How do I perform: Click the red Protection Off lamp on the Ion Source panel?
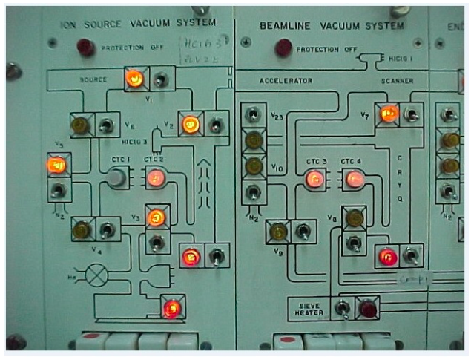pyautogui.click(x=86, y=48)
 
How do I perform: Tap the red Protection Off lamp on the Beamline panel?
pyautogui.click(x=283, y=49)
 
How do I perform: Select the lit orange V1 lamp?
pyautogui.click(x=134, y=77)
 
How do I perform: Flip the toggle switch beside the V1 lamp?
pyautogui.click(x=161, y=78)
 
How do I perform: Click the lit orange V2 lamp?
pyautogui.click(x=191, y=124)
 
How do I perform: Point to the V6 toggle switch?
pyautogui.click(x=108, y=125)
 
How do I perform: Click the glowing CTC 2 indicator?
pyautogui.click(x=155, y=177)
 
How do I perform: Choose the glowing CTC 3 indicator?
pyautogui.click(x=314, y=178)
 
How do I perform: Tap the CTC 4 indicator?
pyautogui.click(x=352, y=178)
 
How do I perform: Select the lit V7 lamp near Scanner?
pyautogui.click(x=388, y=114)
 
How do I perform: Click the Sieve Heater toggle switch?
pyautogui.click(x=342, y=307)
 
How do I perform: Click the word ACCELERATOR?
pyautogui.click(x=286, y=80)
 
